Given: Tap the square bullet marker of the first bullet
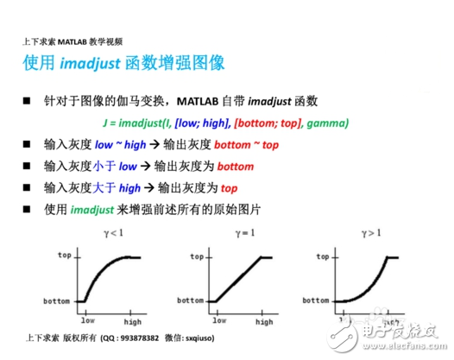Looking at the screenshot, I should [27, 101].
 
